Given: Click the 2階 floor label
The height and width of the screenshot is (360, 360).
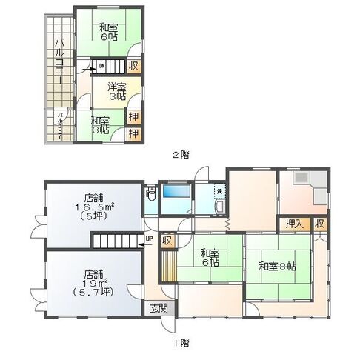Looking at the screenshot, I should pos(181,155).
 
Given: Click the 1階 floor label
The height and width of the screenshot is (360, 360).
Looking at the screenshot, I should pos(181,344).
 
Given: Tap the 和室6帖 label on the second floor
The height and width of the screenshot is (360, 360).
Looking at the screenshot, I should pos(108,32).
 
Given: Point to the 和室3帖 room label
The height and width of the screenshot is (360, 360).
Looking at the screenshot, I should pos(100,124).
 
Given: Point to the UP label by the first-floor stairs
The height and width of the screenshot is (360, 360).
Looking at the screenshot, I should pos(150,239).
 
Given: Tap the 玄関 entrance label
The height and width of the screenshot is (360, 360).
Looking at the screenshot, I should pos(159,308).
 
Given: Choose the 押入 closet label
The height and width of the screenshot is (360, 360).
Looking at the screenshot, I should pos(293,223).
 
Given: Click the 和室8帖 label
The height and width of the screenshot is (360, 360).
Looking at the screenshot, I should pos(278,266).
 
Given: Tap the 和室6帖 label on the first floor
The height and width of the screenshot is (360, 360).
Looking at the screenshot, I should pos(209,257).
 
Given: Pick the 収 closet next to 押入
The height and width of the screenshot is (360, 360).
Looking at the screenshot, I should pos(319,223).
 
